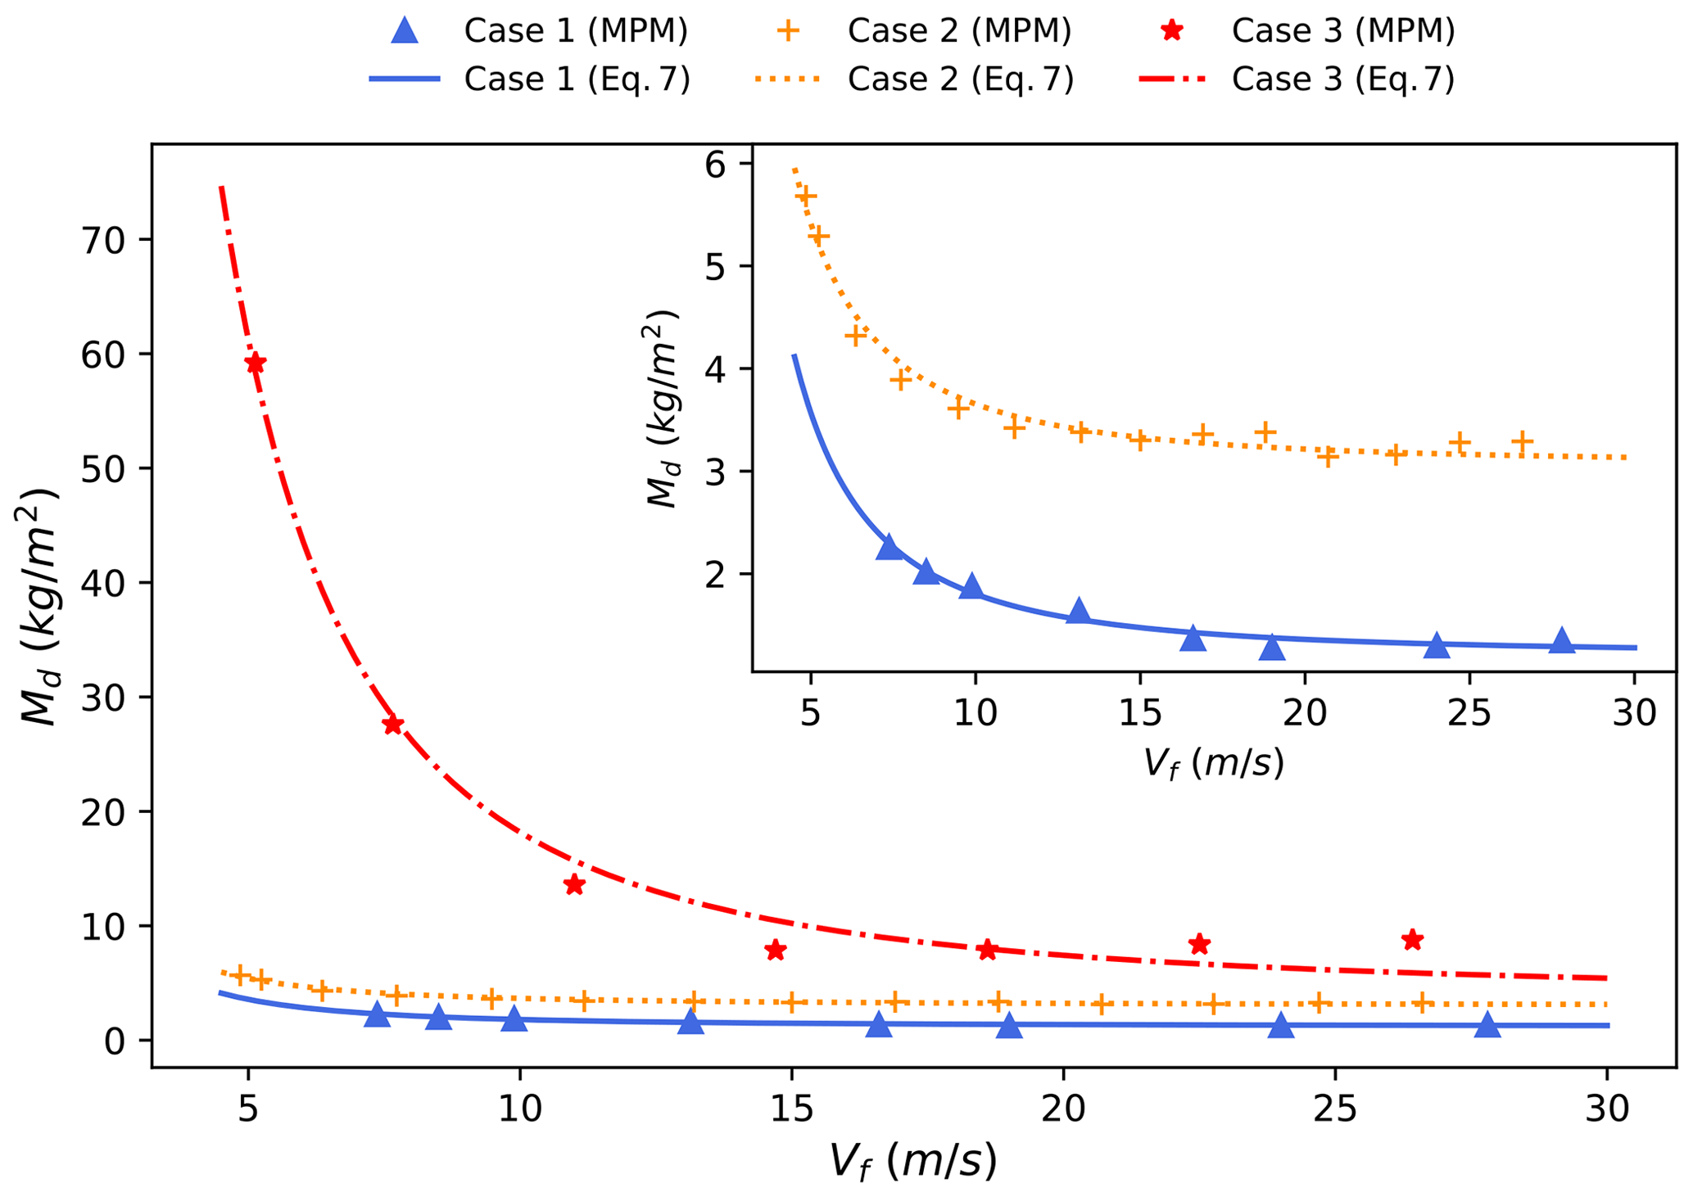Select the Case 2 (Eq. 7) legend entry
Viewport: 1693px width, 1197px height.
pos(960,79)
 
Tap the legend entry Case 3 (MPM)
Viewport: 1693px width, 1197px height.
pos(1343,31)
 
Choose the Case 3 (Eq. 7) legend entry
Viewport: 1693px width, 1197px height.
pos(1343,79)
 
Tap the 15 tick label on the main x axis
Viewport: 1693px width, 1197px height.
pos(791,1110)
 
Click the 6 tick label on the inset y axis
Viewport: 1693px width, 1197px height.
pos(716,165)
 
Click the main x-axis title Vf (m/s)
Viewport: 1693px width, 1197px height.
pos(914,1161)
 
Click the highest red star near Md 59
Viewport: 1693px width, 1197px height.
pos(256,363)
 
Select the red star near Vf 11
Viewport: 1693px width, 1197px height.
pos(573,884)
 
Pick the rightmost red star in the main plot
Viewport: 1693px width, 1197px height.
pos(1411,940)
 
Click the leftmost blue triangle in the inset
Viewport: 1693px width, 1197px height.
pos(889,548)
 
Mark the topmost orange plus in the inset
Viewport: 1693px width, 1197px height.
pos(806,196)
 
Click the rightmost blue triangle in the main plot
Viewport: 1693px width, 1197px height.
pos(1487,1025)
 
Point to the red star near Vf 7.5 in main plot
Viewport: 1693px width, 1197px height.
pos(392,725)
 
